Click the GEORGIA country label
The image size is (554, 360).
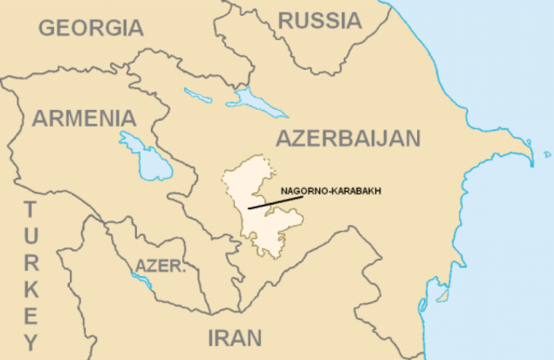point(91,28)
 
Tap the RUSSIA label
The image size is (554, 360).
point(319,20)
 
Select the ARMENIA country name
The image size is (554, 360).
point(84,119)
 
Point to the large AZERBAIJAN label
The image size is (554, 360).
point(347,138)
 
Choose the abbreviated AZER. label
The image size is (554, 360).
point(160,265)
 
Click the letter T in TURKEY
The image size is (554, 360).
point(31,209)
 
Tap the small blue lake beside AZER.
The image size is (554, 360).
point(140,281)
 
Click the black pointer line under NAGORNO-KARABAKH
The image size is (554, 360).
point(275,203)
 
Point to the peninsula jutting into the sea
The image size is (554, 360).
point(515,161)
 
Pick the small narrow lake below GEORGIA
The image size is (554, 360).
point(199,93)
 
